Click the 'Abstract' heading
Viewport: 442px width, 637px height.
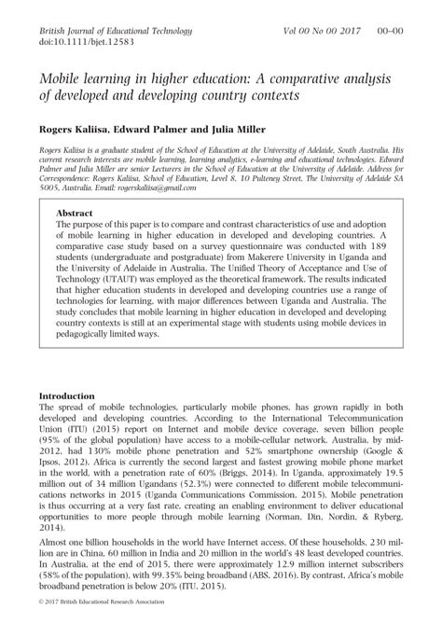(x=76, y=213)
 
